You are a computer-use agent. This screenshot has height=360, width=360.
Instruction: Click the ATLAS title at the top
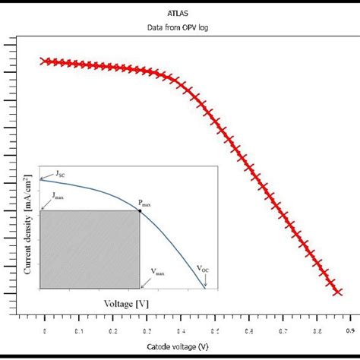pyautogui.click(x=179, y=14)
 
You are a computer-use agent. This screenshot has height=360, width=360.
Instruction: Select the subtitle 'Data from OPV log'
pyautogui.click(x=179, y=28)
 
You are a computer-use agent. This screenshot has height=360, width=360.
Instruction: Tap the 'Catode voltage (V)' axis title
pyautogui.click(x=180, y=347)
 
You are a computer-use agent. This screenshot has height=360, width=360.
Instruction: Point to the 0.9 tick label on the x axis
pyautogui.click(x=351, y=330)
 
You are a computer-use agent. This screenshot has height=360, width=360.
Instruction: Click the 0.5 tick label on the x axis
pyautogui.click(x=215, y=330)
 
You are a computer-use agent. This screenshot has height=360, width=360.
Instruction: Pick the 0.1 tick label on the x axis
pyautogui.click(x=79, y=330)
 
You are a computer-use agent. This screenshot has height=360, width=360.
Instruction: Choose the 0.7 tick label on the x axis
pyautogui.click(x=283, y=330)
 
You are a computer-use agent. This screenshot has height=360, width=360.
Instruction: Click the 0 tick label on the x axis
pyautogui.click(x=45, y=330)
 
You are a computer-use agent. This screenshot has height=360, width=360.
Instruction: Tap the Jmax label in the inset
pyautogui.click(x=58, y=196)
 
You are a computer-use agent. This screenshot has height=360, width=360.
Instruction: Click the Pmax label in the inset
pyautogui.click(x=144, y=203)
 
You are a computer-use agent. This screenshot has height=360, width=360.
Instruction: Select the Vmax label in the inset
pyautogui.click(x=157, y=271)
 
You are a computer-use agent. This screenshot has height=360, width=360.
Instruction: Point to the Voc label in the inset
pyautogui.click(x=204, y=268)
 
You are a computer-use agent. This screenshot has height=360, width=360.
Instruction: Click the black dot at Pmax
pyautogui.click(x=140, y=210)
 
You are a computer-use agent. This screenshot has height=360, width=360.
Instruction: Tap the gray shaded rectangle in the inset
pyautogui.click(x=90, y=249)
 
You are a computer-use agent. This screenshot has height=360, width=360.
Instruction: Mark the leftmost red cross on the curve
pyautogui.click(x=44, y=61)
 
